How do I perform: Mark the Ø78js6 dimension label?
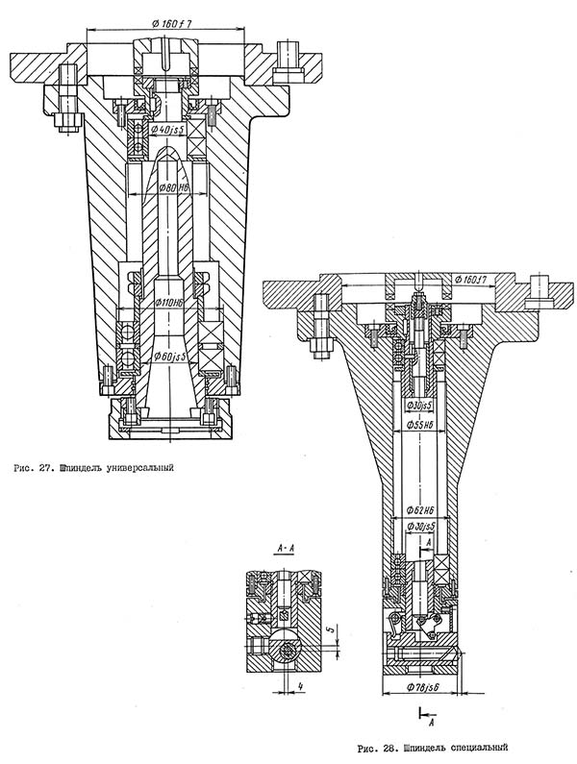pyautogui.click(x=421, y=688)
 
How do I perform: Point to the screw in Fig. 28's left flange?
pyautogui.click(x=320, y=320)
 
